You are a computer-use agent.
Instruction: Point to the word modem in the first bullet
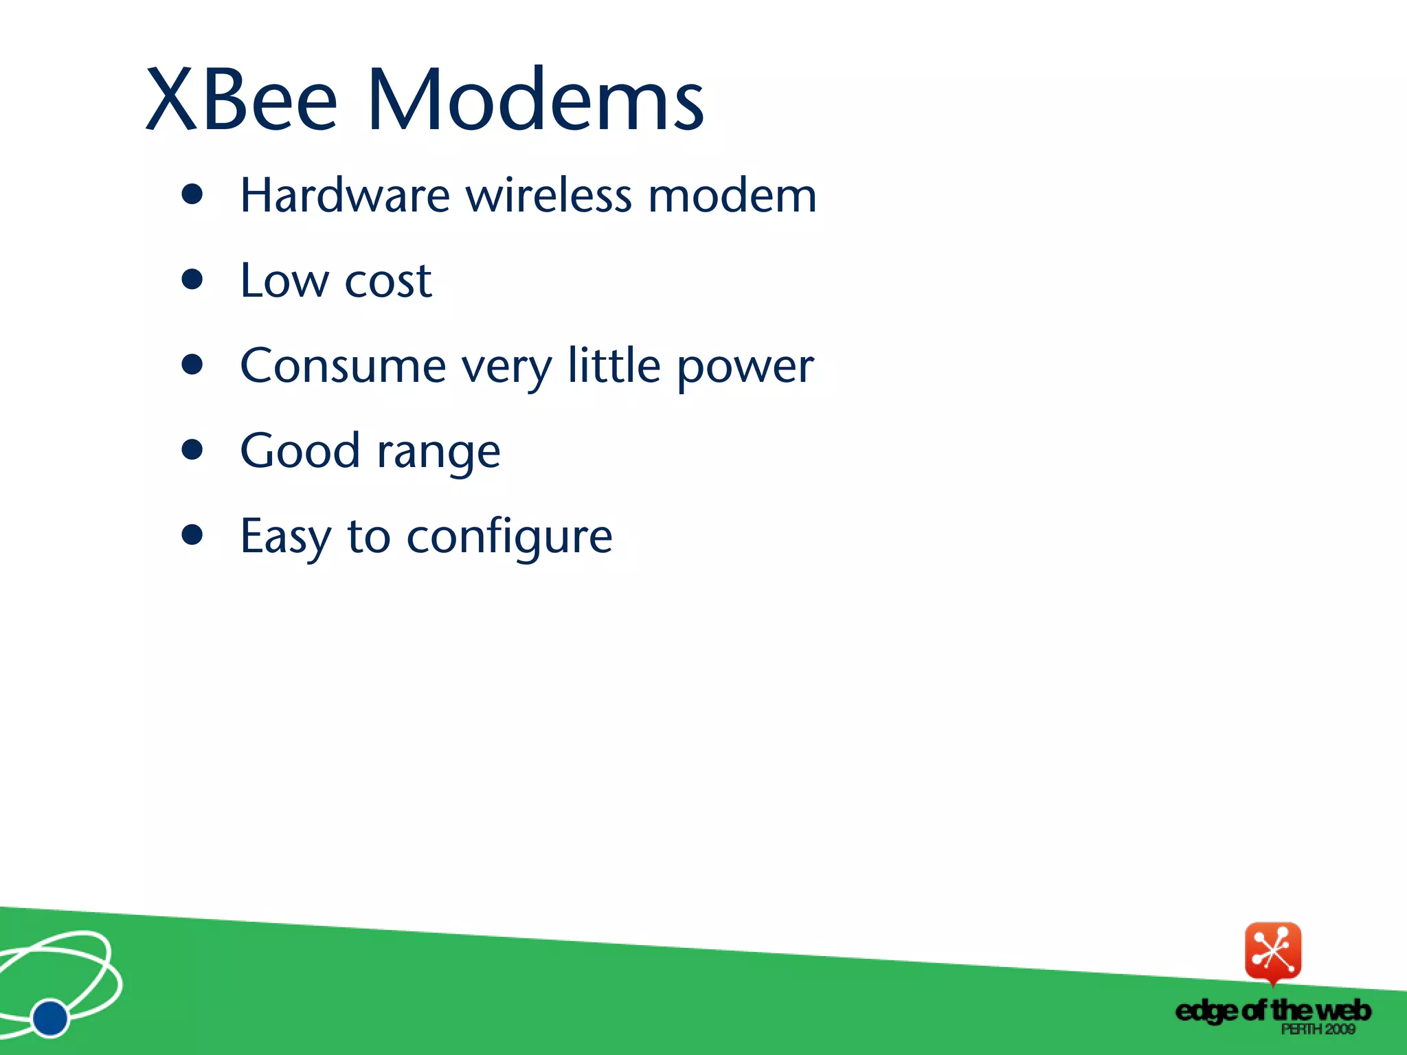pyautogui.click(x=732, y=196)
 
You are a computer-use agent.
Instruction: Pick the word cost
pyautogui.click(x=388, y=282)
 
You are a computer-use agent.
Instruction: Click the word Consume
pyautogui.click(x=343, y=365)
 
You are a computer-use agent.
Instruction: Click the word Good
pyautogui.click(x=300, y=451)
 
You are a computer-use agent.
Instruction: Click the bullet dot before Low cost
pyautogui.click(x=192, y=280)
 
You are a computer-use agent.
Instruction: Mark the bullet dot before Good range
pyautogui.click(x=192, y=450)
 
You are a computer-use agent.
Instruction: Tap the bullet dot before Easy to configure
pyautogui.click(x=192, y=535)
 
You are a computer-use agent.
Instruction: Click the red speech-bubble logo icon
pyautogui.click(x=1272, y=952)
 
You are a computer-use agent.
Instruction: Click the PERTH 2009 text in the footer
pyautogui.click(x=1318, y=1029)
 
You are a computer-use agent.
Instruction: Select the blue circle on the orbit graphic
pyautogui.click(x=50, y=1017)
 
